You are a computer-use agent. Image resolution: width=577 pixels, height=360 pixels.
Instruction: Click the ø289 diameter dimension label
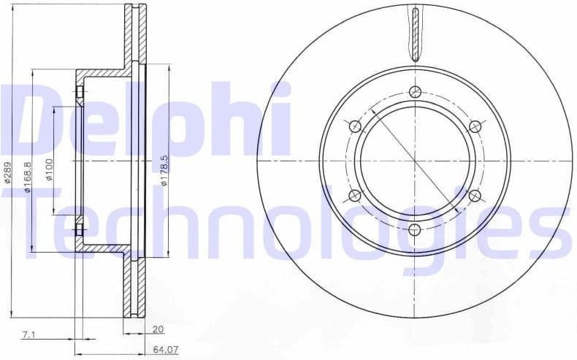pyautogui.click(x=8, y=172)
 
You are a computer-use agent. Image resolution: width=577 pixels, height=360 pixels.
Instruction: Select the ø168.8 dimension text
pyautogui.click(x=26, y=177)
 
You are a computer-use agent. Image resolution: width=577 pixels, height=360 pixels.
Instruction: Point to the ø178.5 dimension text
pyautogui.click(x=165, y=170)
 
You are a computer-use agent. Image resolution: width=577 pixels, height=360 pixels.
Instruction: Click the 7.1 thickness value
pyautogui.click(x=28, y=334)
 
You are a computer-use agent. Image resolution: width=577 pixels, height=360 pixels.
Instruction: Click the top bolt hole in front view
pyautogui.click(x=415, y=91)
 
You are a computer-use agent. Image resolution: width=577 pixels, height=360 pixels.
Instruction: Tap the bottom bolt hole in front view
pyautogui.click(x=415, y=230)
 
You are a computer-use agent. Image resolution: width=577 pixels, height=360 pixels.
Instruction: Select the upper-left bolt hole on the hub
pyautogui.click(x=356, y=126)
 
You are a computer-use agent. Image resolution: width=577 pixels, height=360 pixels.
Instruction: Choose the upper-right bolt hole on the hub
pyautogui.click(x=475, y=126)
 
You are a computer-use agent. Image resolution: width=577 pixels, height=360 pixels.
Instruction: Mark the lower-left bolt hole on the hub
pyautogui.click(x=356, y=195)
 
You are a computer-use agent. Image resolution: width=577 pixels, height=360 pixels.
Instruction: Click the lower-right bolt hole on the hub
pyautogui.click(x=475, y=195)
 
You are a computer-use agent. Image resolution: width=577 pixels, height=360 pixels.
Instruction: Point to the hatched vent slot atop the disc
pyautogui.click(x=415, y=33)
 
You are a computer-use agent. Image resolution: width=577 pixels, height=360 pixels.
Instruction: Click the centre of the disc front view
pyautogui.click(x=415, y=161)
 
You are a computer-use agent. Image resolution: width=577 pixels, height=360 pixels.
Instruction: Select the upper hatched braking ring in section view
pyautogui.click(x=132, y=37)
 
